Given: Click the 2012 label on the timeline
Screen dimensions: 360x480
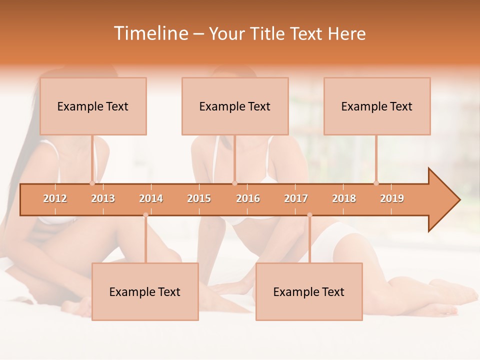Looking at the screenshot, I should (55, 198).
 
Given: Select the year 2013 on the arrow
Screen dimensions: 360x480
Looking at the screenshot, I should (103, 198).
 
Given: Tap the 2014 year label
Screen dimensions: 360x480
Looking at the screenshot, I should (151, 198).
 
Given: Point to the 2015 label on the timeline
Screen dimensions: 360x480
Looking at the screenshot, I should (199, 198).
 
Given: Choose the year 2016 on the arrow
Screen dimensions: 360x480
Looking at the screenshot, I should (248, 198).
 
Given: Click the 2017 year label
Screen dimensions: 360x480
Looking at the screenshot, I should (296, 198).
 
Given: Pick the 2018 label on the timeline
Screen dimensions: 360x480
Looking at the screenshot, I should (344, 198).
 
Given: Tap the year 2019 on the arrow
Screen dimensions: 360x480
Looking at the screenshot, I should (392, 198).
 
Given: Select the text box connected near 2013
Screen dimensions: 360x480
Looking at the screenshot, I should (93, 106).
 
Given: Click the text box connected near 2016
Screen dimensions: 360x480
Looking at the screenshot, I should (235, 106).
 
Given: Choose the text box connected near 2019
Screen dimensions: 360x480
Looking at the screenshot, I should (377, 106).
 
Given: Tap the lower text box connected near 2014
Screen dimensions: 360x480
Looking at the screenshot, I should (145, 291).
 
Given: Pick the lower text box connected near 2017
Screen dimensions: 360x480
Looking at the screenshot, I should (309, 291).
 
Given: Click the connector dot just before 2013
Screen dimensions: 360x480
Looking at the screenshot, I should (92, 183).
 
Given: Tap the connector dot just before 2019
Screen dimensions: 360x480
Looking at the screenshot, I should (376, 183).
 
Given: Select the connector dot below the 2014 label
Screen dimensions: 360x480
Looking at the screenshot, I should (145, 215).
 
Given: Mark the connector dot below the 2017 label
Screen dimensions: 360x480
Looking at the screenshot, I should (309, 215).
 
